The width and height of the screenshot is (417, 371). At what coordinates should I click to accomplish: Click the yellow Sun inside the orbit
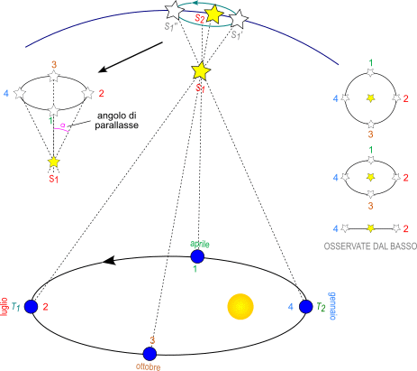pyautogui.click(x=240, y=307)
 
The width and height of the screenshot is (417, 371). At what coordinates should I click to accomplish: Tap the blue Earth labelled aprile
pyautogui.click(x=197, y=256)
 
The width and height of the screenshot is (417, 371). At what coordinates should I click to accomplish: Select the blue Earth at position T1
pyautogui.click(x=31, y=307)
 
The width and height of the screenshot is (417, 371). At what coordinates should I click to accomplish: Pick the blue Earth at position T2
pyautogui.click(x=306, y=307)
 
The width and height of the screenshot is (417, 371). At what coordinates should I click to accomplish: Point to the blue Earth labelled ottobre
pyautogui.click(x=150, y=354)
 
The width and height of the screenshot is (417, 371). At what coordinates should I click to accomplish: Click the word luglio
pyautogui.click(x=4, y=307)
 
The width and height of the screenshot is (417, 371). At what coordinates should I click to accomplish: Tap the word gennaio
pyautogui.click(x=331, y=306)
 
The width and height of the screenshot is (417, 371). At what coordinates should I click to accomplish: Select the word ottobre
pyautogui.click(x=149, y=366)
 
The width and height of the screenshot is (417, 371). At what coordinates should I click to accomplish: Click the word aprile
pyautogui.click(x=200, y=244)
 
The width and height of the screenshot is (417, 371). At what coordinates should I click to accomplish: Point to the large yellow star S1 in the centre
pyautogui.click(x=201, y=71)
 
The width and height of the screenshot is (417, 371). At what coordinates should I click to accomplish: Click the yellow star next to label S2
pyautogui.click(x=213, y=14)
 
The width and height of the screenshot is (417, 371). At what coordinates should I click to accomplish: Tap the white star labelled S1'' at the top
pyautogui.click(x=175, y=10)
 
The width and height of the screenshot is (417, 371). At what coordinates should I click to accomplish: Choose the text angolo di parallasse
pyautogui.click(x=117, y=120)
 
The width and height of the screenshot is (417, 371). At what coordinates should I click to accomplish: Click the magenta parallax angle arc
pyautogui.click(x=61, y=129)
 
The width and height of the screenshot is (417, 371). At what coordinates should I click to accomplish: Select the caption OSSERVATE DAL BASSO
pyautogui.click(x=370, y=246)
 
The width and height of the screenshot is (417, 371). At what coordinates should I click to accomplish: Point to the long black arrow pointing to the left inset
pyautogui.click(x=131, y=57)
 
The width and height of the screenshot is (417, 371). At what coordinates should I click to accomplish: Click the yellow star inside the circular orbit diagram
pyautogui.click(x=371, y=97)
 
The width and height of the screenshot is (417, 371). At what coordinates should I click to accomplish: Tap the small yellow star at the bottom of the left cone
pyautogui.click(x=54, y=162)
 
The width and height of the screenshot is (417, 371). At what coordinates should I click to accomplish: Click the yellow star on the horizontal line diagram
pyautogui.click(x=371, y=228)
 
